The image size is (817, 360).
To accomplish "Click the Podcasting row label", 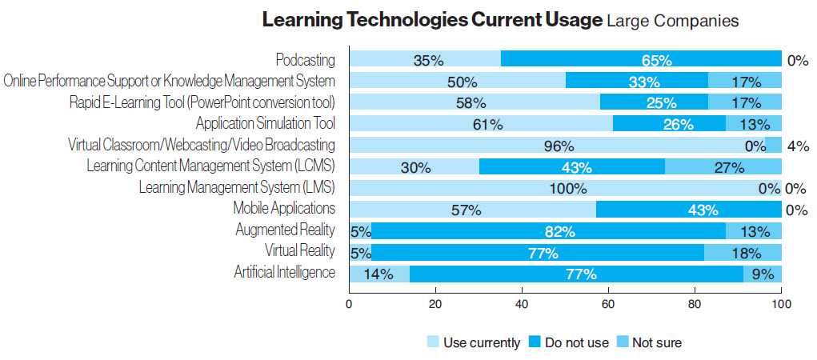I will tap(305, 60).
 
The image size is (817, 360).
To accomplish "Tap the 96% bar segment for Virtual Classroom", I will tap(557, 146).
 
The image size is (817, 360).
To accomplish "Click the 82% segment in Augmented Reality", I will tap(541, 231).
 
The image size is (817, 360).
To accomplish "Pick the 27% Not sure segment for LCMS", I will tap(723, 167).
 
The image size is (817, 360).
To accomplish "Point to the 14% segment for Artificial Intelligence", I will tap(380, 274).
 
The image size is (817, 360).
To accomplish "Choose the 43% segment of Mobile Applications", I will tap(688, 210).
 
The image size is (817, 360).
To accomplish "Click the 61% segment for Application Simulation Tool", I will tap(480, 124).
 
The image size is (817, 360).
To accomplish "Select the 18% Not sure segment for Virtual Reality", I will tap(743, 253).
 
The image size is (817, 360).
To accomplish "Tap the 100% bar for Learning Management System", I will tap(565, 189).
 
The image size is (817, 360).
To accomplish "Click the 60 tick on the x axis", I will tap(609, 305).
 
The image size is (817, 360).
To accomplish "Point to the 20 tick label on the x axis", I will tap(435, 305).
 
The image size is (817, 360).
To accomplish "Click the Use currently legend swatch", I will tap(434, 342).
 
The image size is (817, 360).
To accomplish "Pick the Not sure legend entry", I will tap(647, 342).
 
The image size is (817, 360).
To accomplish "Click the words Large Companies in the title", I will tap(672, 22).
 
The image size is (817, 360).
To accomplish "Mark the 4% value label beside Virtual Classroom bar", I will tap(798, 146).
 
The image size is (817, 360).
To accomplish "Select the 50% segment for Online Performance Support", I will tap(457, 82).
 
